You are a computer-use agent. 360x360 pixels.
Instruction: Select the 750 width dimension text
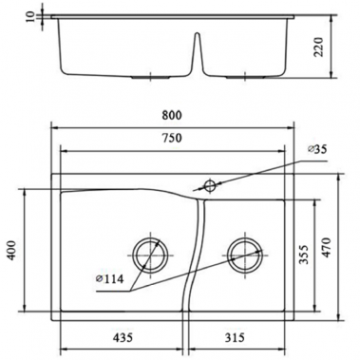172,138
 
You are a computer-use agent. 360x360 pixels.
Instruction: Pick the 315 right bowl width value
238,339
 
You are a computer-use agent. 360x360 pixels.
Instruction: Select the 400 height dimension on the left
12,252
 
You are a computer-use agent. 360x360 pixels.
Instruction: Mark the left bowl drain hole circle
149,254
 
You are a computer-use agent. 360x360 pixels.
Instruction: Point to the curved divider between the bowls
195,256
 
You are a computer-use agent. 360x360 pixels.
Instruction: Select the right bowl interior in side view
247,47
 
